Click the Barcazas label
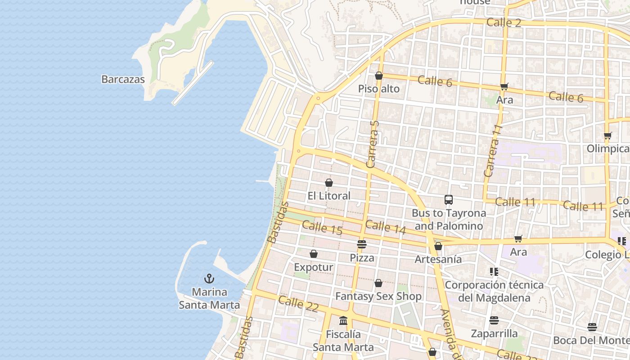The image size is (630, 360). point(123,80)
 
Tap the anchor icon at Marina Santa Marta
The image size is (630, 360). point(209,279)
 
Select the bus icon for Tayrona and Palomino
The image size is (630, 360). point(448,200)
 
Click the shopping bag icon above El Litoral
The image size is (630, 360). point(329,183)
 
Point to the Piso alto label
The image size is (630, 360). point(379,89)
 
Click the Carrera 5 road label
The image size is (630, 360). point(373,144)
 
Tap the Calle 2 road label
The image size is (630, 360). point(504,22)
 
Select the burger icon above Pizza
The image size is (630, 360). point(362,244)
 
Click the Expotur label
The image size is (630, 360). point(314,267)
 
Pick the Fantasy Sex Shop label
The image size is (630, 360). point(378,297)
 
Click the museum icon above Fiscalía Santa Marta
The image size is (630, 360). point(343,321)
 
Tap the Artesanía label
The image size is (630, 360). point(438,259)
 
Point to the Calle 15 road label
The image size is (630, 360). point(322,228)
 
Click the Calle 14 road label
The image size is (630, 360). point(386,227)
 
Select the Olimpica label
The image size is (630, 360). point(608,148)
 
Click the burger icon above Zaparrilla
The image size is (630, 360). point(494,320)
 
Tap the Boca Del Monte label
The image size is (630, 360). point(591,340)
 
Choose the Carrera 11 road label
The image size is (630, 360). point(492,151)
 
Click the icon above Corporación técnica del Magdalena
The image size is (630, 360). point(494,272)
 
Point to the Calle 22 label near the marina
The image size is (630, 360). point(298,304)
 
